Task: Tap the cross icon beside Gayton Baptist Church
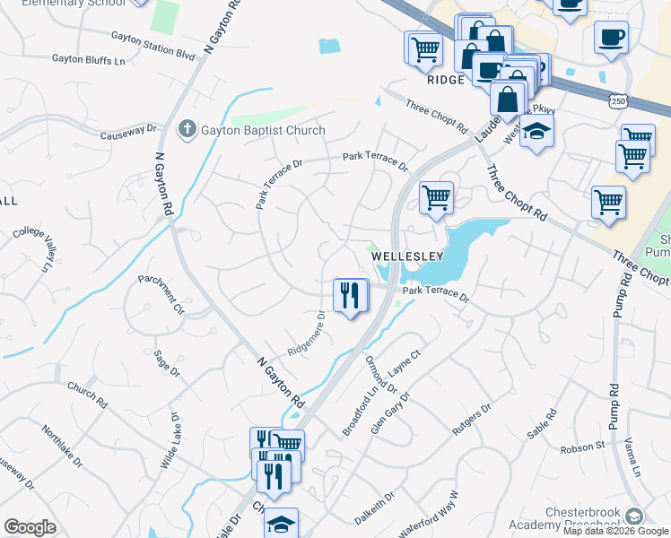click(x=187, y=130)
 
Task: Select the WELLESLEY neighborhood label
click(x=408, y=256)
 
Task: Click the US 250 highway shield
click(x=619, y=103)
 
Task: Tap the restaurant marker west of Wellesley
click(x=350, y=295)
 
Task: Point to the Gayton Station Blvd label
click(x=152, y=46)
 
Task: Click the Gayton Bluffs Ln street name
click(x=88, y=59)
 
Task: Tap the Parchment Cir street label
click(x=161, y=295)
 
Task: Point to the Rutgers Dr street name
click(x=473, y=420)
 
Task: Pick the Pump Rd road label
click(x=615, y=395)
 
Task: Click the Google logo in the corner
click(x=30, y=527)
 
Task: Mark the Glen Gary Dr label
click(x=392, y=412)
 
